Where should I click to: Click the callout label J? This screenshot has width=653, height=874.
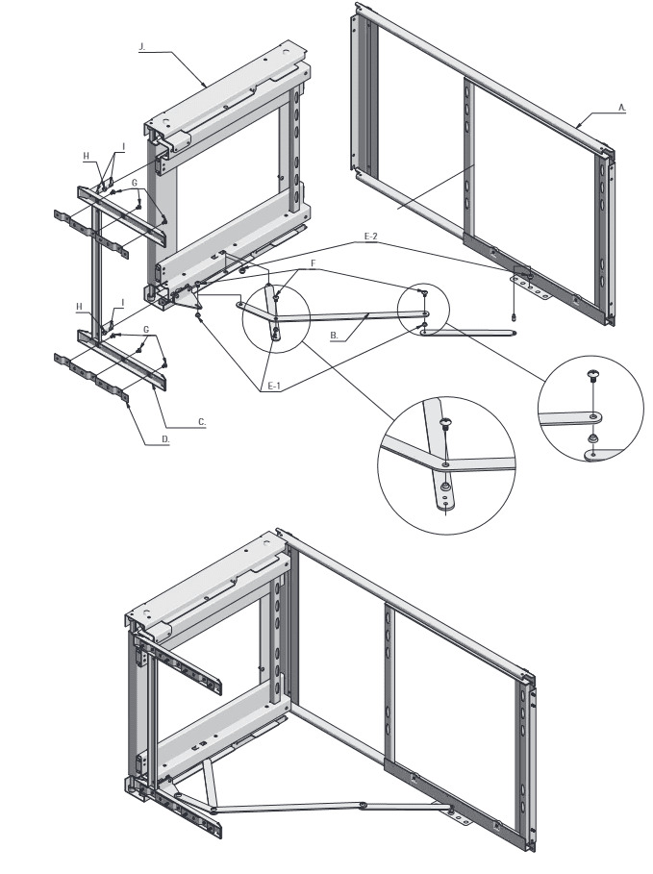(x=141, y=48)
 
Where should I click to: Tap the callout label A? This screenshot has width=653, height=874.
(x=621, y=109)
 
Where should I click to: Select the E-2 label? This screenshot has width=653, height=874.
(x=371, y=237)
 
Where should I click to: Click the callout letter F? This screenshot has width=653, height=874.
(x=314, y=262)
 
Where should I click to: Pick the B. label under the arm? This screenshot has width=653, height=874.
(x=334, y=336)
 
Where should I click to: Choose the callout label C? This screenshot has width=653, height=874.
(x=202, y=422)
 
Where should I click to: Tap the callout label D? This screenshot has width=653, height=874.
(x=165, y=439)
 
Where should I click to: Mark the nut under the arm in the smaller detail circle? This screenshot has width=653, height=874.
(x=594, y=438)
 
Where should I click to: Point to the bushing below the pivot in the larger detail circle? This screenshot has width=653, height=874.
(x=445, y=487)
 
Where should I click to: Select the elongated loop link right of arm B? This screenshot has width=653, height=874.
(x=469, y=333)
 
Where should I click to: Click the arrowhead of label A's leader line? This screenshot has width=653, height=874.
(x=578, y=127)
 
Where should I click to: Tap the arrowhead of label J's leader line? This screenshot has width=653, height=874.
(x=206, y=85)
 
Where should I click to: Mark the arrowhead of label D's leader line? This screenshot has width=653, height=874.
(x=129, y=404)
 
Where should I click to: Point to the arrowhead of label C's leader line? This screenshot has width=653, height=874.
(x=154, y=384)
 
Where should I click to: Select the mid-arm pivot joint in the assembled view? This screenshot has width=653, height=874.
(x=364, y=806)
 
